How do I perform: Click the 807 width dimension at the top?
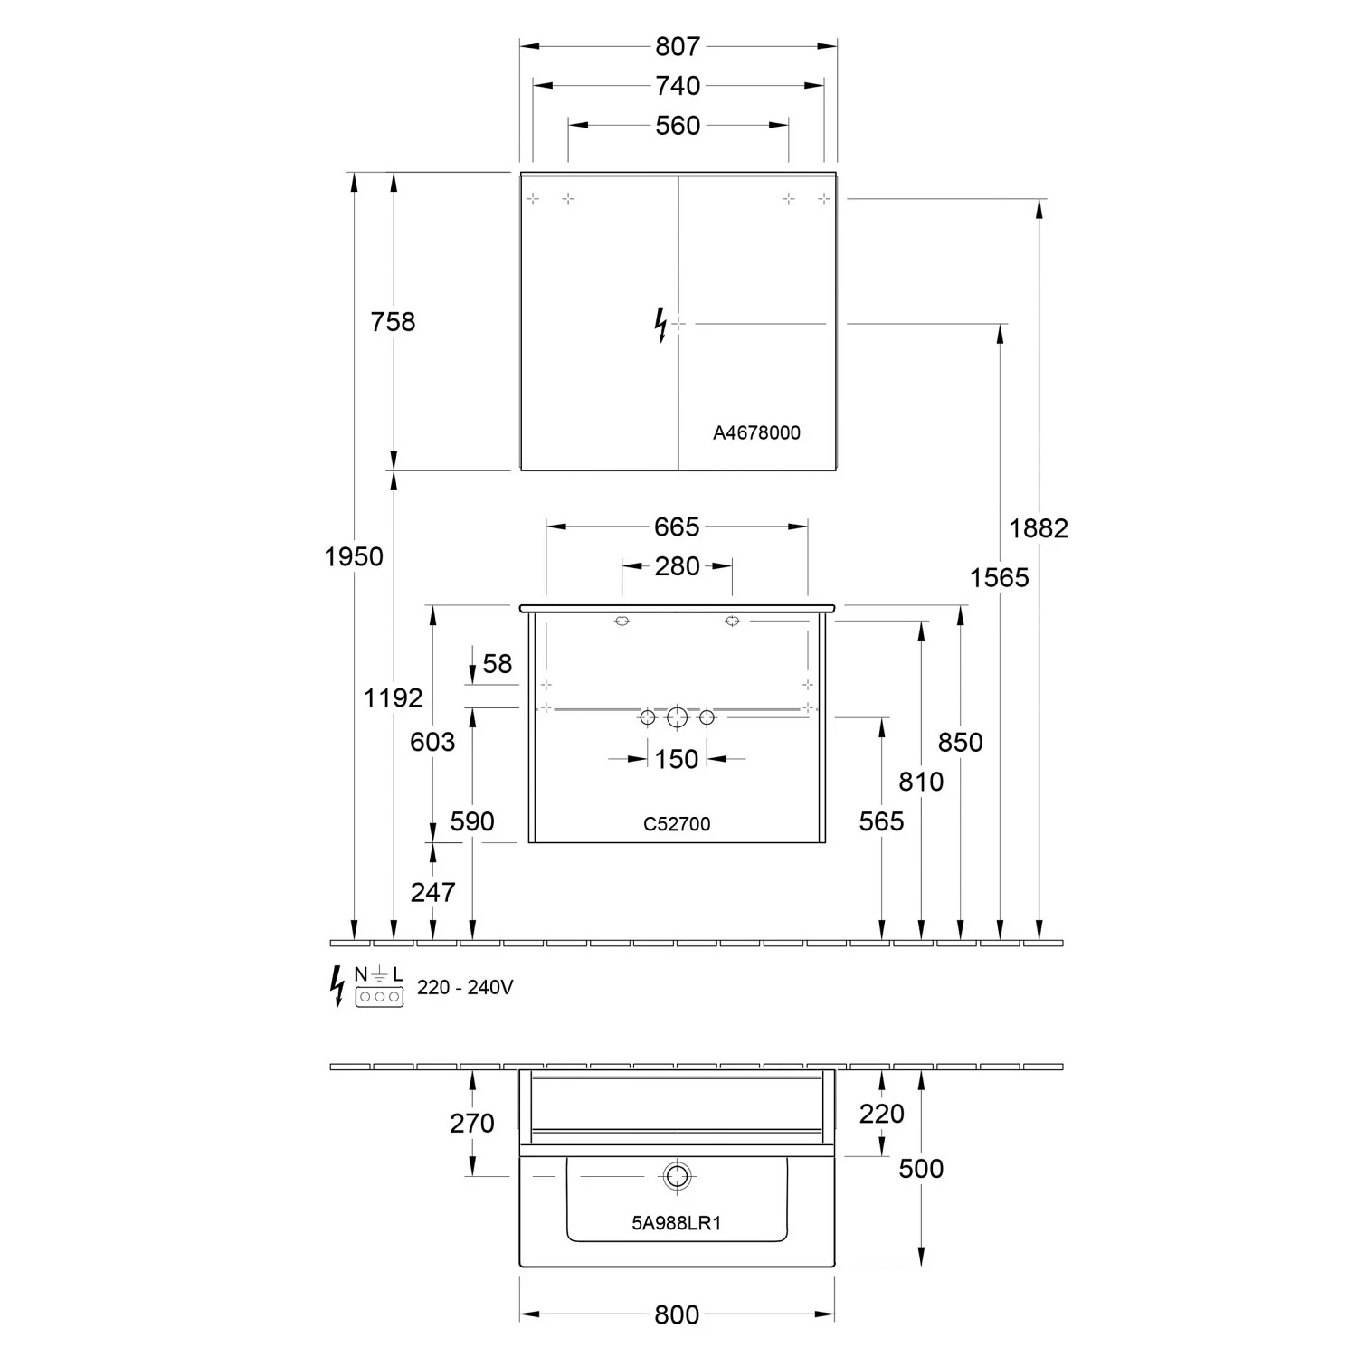click(x=678, y=45)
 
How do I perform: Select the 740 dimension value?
click(x=678, y=85)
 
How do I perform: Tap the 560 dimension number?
click(x=678, y=125)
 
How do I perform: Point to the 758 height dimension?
click(x=393, y=321)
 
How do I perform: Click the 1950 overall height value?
click(x=354, y=556)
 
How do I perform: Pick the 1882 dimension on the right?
click(x=1039, y=528)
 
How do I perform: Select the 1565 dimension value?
click(x=999, y=577)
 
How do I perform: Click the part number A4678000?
click(x=756, y=433)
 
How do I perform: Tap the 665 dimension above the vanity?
click(x=677, y=526)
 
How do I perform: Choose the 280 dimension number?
click(x=677, y=566)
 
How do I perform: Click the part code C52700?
click(x=677, y=824)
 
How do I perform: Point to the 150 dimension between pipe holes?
click(x=677, y=759)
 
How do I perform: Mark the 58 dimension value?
click(x=497, y=664)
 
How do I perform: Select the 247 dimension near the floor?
click(x=432, y=892)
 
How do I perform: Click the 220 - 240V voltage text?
click(x=465, y=987)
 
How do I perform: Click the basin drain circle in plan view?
click(x=676, y=1176)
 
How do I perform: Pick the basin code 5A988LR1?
click(x=677, y=1223)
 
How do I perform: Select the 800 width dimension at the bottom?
click(x=677, y=1314)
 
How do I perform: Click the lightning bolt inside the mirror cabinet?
click(x=661, y=324)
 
